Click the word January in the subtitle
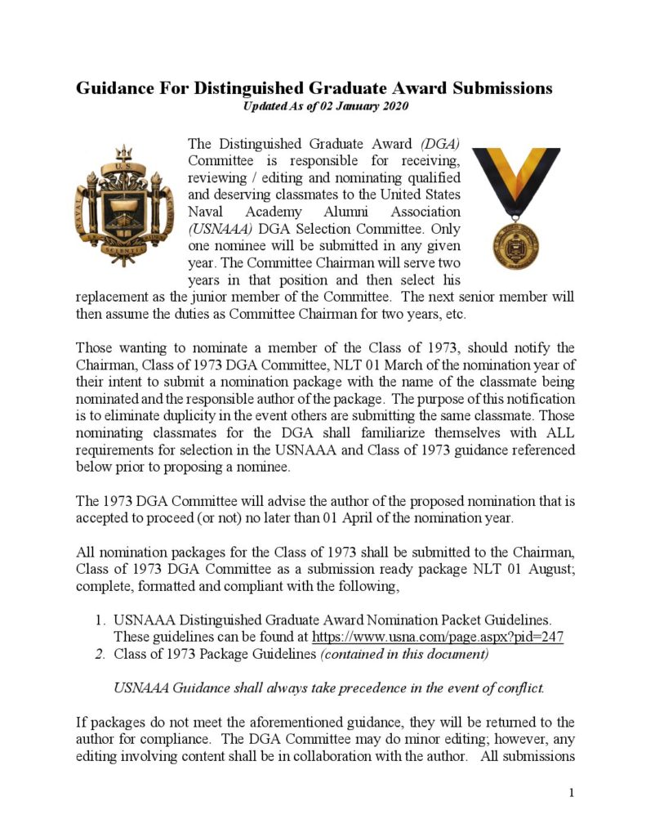(x=345, y=107)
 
